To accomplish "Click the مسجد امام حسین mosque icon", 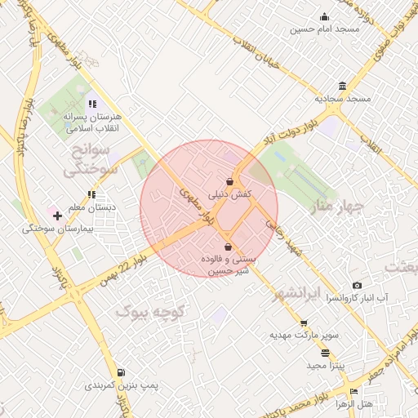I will pyautogui.click(x=325, y=17).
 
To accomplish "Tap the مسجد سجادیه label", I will pyautogui.click(x=343, y=98).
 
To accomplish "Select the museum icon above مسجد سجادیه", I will pyautogui.click(x=342, y=86).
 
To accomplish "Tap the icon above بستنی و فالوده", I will pyautogui.click(x=228, y=247).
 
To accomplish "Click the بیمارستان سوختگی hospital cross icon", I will pyautogui.click(x=57, y=216).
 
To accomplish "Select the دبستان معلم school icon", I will pyautogui.click(x=91, y=194).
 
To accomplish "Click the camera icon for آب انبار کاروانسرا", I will pyautogui.click(x=357, y=284).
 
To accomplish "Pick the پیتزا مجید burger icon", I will pyautogui.click(x=326, y=353).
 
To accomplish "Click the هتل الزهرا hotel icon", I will pyautogui.click(x=353, y=391).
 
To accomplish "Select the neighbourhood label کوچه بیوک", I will pyautogui.click(x=152, y=311).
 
